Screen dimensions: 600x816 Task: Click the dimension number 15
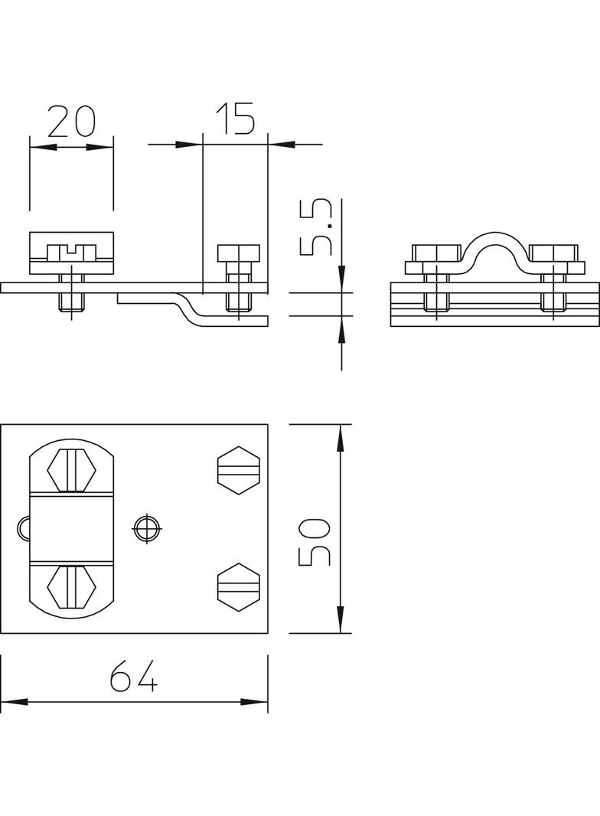(x=236, y=119)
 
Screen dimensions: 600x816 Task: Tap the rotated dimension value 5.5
(x=316, y=227)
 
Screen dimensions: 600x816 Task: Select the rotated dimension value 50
(x=314, y=542)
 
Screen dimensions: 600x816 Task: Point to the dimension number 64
(x=134, y=675)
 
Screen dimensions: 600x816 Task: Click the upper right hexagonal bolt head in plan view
(x=238, y=471)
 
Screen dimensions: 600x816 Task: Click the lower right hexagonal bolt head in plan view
(x=238, y=586)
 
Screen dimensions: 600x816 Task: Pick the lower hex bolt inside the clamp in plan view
(x=72, y=587)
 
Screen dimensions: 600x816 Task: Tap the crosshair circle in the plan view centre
(x=147, y=529)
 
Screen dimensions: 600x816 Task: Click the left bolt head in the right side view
(x=436, y=253)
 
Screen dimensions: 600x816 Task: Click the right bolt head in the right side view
(x=553, y=253)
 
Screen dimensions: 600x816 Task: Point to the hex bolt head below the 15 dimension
(x=238, y=253)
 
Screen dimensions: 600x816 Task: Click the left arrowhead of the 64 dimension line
(x=14, y=703)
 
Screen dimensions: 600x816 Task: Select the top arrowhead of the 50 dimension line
(x=341, y=438)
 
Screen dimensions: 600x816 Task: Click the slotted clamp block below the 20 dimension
(x=71, y=253)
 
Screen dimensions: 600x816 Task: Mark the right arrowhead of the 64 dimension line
(x=254, y=703)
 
